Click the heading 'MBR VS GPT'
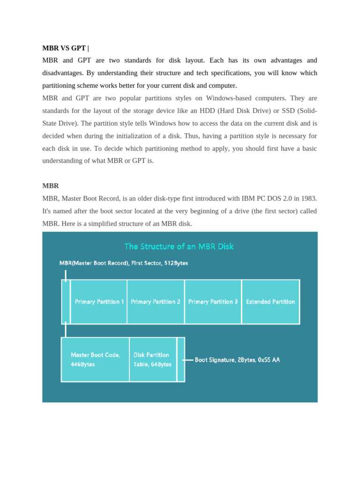(x=64, y=48)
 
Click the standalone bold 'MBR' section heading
(x=51, y=186)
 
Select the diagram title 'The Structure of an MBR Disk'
(x=179, y=246)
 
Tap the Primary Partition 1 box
(x=99, y=302)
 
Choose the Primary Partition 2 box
(x=156, y=302)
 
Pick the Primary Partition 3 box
(x=213, y=302)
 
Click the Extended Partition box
(x=270, y=302)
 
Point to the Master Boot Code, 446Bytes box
(x=95, y=360)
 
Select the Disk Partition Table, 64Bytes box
(x=152, y=360)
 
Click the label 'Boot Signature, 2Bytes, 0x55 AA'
(x=237, y=360)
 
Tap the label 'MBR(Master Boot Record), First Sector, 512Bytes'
(x=124, y=263)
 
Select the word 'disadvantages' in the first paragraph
(x=63, y=73)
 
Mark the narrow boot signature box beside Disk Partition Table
(x=181, y=360)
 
